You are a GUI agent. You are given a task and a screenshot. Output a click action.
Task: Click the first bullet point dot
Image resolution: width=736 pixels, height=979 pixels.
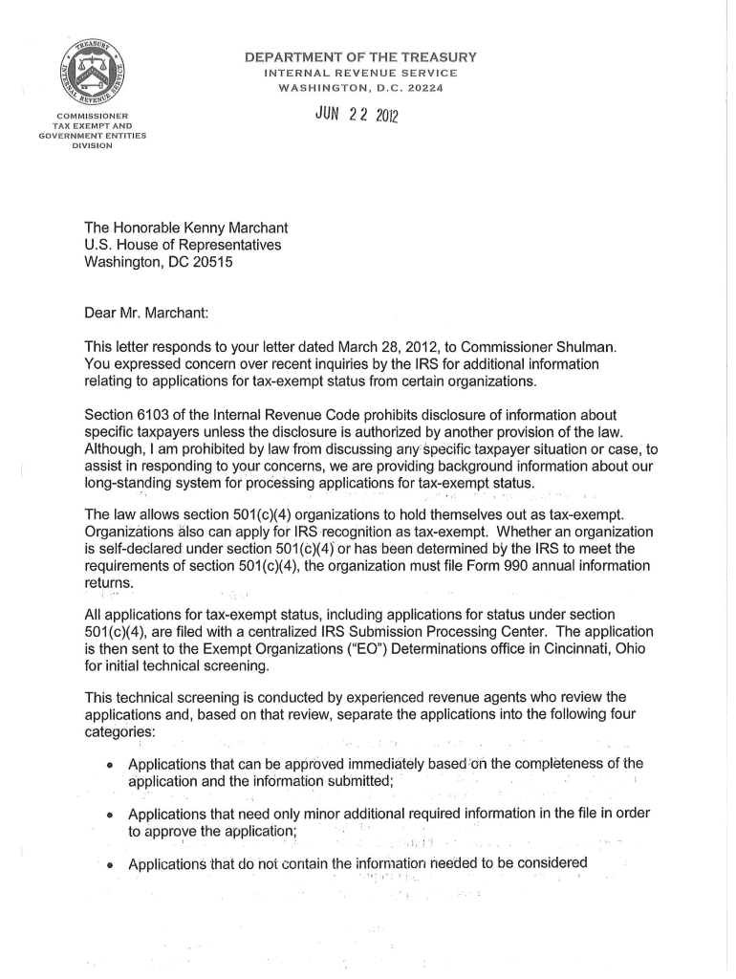[112, 765]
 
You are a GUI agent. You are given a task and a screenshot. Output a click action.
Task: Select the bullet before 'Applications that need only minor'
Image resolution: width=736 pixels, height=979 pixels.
[112, 816]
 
